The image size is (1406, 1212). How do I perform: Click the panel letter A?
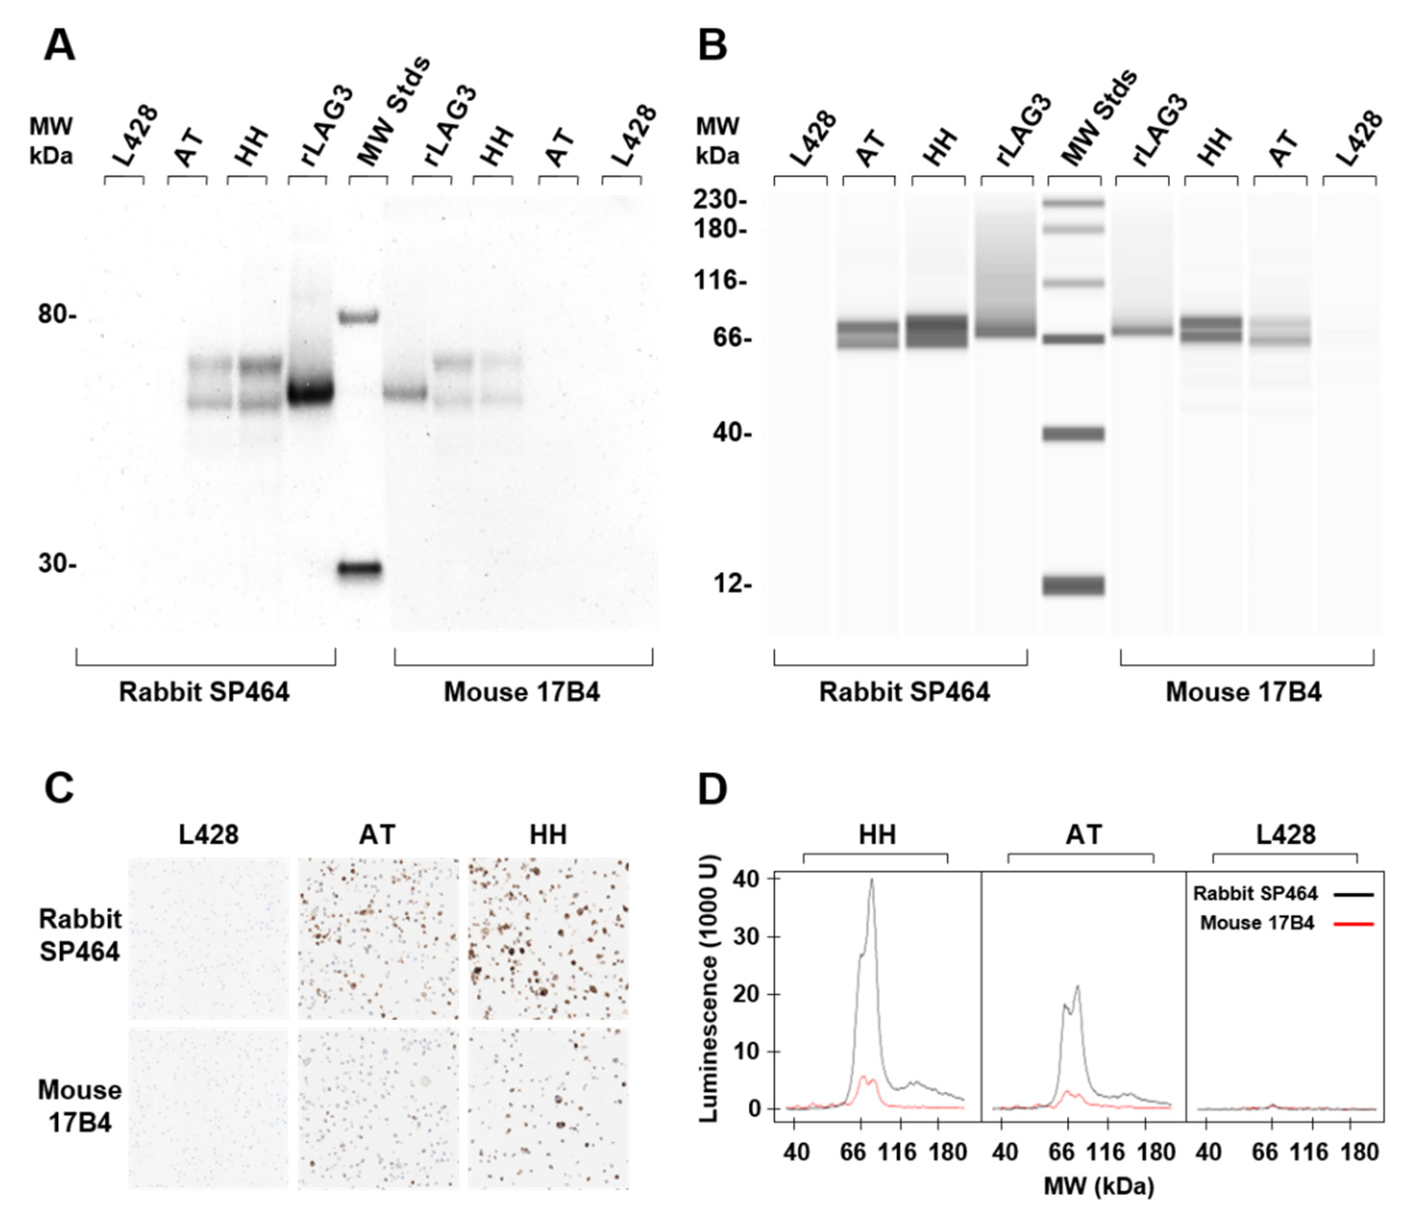[59, 47]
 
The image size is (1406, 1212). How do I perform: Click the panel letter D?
[713, 790]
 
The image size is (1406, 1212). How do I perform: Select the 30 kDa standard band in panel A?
[360, 569]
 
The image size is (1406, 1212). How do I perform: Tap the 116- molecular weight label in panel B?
[719, 280]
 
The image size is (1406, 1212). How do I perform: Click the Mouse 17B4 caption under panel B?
[1243, 693]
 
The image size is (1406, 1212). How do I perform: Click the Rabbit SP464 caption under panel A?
[204, 693]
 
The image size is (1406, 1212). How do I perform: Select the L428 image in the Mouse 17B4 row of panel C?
[208, 1108]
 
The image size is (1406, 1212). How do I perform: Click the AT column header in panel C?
[377, 834]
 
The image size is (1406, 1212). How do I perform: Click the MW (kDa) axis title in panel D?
[1098, 1187]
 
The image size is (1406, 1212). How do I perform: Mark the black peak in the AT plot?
[1077, 987]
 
